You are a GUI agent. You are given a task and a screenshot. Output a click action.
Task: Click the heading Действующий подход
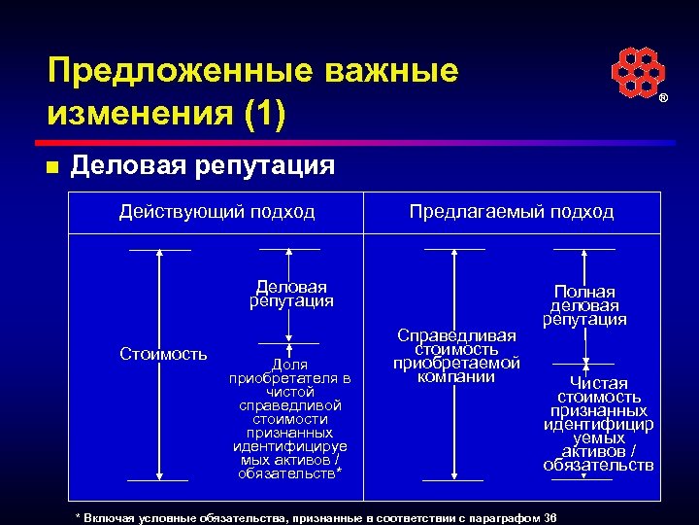(x=217, y=212)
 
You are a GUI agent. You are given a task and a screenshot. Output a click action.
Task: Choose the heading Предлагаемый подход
(x=512, y=212)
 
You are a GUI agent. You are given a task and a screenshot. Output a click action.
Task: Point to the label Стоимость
(x=163, y=353)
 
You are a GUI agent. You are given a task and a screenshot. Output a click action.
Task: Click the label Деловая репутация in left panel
(x=291, y=294)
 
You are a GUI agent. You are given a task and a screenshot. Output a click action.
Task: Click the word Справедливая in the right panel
(x=456, y=335)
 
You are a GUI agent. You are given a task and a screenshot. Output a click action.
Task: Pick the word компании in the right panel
(x=456, y=376)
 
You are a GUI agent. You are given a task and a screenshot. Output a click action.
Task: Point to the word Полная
(x=584, y=292)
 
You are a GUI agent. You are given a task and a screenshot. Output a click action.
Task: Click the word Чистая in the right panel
(x=598, y=383)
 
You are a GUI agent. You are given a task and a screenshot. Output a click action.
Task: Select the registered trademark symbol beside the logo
(x=664, y=100)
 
